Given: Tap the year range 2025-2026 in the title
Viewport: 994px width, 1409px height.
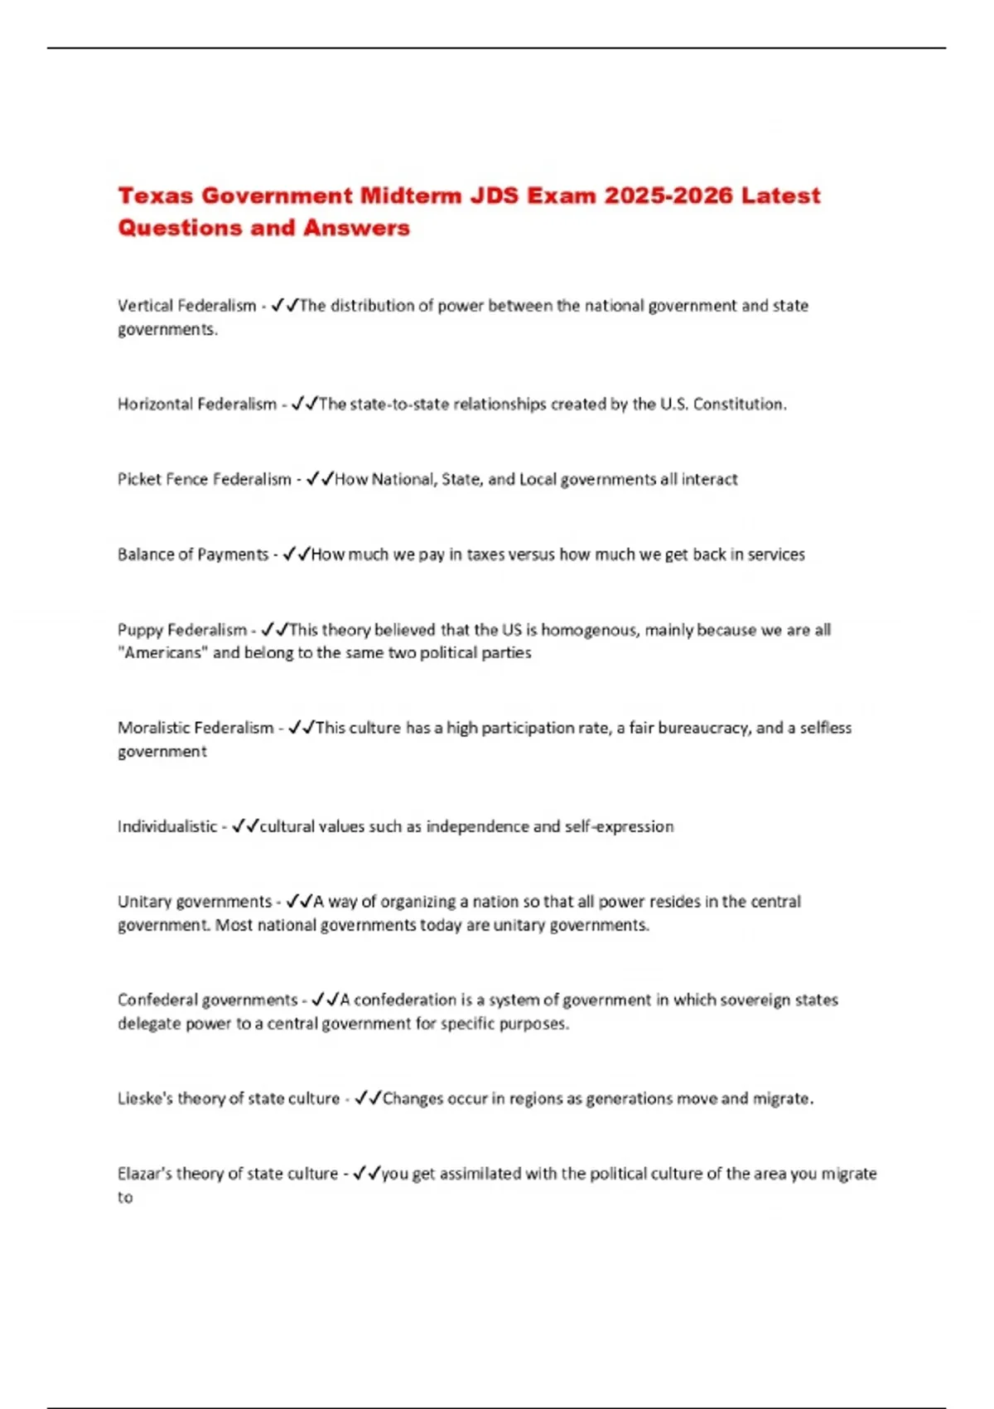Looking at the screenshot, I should pos(668,196).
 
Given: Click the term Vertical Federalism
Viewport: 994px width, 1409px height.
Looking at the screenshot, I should pos(187,306).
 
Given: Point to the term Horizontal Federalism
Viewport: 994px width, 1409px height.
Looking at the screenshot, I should pos(197,404).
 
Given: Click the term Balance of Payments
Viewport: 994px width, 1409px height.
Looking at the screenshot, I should pos(193,554).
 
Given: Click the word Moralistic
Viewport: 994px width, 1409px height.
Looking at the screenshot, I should pos(152,728).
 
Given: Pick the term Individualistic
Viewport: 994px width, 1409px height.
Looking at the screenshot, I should pos(167,826).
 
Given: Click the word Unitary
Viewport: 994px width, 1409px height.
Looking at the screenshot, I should pos(139,902).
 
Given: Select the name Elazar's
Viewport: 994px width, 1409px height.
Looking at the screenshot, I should pos(143,1174).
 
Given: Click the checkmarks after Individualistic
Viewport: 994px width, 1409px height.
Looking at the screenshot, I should pos(245,826).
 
